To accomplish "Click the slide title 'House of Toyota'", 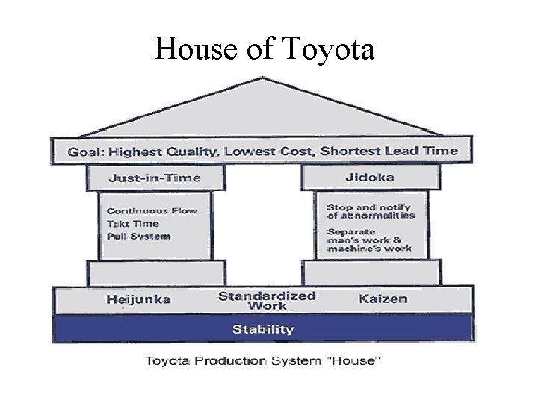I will [x=264, y=50].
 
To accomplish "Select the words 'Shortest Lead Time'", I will [x=389, y=151].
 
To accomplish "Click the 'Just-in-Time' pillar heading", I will [x=155, y=178].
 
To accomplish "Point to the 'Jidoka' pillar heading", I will [x=370, y=178].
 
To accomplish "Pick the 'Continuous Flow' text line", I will [x=152, y=210].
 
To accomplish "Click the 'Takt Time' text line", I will [x=132, y=223].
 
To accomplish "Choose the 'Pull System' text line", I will [x=138, y=236].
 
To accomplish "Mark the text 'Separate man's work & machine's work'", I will [x=370, y=240].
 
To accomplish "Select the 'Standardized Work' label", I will [x=267, y=300].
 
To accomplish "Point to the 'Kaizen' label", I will [x=383, y=299].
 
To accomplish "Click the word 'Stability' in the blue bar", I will [x=262, y=328].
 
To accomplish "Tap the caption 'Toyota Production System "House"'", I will [x=262, y=361].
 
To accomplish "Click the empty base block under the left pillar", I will [x=155, y=272].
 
